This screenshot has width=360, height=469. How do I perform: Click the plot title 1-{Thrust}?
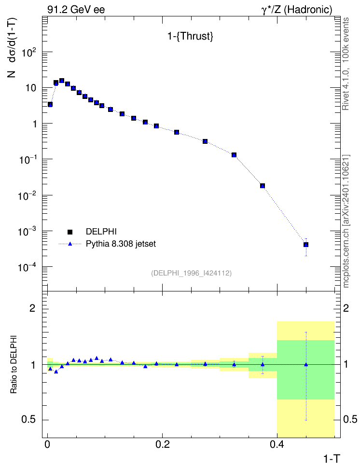[190, 36]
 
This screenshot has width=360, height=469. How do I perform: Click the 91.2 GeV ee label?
[76, 10]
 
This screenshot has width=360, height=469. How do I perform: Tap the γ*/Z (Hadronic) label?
[297, 10]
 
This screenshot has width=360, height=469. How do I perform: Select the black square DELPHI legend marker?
[70, 232]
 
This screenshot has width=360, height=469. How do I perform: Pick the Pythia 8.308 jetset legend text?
[121, 244]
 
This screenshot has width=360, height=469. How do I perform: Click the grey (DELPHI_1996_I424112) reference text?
[191, 273]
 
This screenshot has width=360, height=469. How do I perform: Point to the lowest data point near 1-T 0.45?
[306, 245]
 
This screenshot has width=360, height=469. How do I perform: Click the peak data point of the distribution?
[62, 81]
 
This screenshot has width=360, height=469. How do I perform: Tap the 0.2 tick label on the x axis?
[162, 444]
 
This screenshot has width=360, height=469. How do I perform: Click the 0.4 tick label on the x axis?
[277, 444]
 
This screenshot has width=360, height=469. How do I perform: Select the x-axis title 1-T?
[332, 458]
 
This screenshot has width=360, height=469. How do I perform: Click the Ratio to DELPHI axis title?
[14, 365]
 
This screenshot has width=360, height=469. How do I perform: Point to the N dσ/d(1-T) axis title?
[12, 48]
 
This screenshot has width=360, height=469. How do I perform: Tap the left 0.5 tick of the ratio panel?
[28, 420]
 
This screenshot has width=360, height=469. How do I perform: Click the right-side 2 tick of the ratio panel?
[346, 308]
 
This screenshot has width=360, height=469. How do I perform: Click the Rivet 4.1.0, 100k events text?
[346, 64]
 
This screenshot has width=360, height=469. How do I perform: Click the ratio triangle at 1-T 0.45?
[306, 364]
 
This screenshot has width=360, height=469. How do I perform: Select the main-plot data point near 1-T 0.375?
[263, 186]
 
